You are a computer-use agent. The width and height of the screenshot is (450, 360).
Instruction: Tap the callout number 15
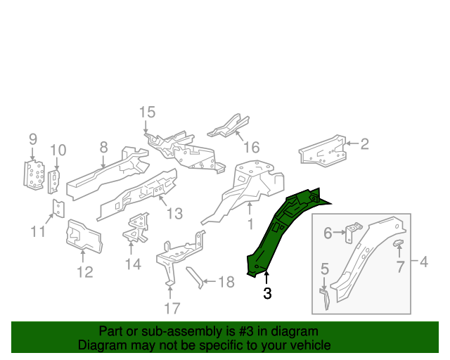146,112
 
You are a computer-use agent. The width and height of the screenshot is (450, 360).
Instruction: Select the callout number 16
251,147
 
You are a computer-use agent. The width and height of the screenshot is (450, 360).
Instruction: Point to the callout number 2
364,144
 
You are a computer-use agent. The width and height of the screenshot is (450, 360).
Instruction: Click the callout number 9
32,139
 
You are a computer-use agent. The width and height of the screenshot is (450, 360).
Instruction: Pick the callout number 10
58,150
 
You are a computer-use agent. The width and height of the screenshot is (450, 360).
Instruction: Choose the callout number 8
103,147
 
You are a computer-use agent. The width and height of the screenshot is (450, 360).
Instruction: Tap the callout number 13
174,213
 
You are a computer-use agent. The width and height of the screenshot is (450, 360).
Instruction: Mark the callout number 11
38,232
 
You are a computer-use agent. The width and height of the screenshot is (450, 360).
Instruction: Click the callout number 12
84,272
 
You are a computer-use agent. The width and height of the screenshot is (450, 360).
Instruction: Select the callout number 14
133,264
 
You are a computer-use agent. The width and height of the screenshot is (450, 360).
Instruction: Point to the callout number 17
172,307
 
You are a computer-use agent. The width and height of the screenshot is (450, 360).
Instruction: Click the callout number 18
225,283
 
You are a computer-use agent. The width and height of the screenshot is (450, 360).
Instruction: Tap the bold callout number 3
267,293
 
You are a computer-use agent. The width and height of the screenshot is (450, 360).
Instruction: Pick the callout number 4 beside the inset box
423,262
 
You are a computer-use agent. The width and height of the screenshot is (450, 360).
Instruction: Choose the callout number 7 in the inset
399,266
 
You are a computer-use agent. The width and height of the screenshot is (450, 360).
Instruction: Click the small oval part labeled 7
398,243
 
